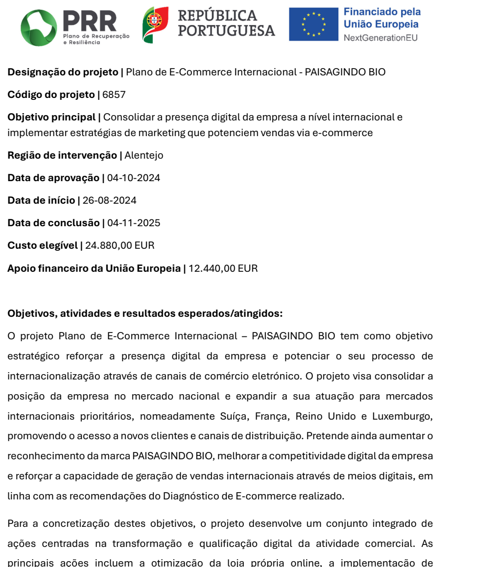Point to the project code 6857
114,94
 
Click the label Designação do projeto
63,72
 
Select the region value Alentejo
144,155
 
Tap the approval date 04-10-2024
134,178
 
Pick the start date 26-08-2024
110,200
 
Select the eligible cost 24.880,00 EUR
120,245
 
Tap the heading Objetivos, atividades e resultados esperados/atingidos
145,314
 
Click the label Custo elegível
43,245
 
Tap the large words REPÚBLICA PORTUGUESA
226,23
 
